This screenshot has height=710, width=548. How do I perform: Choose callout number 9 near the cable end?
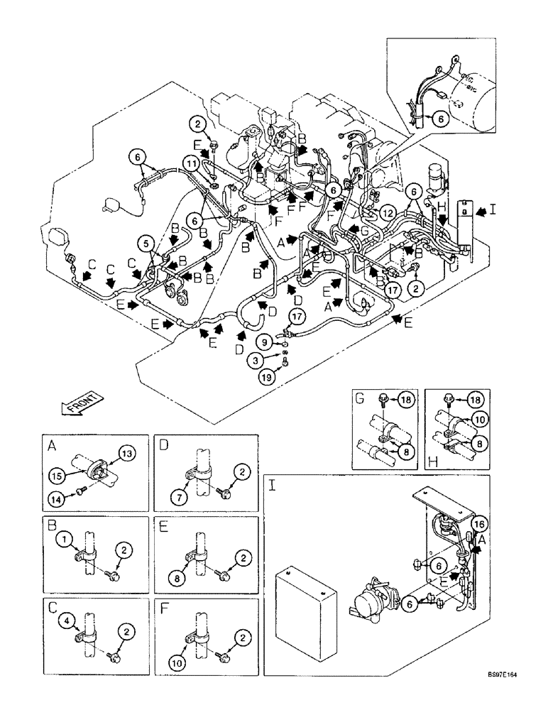point(264,342)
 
